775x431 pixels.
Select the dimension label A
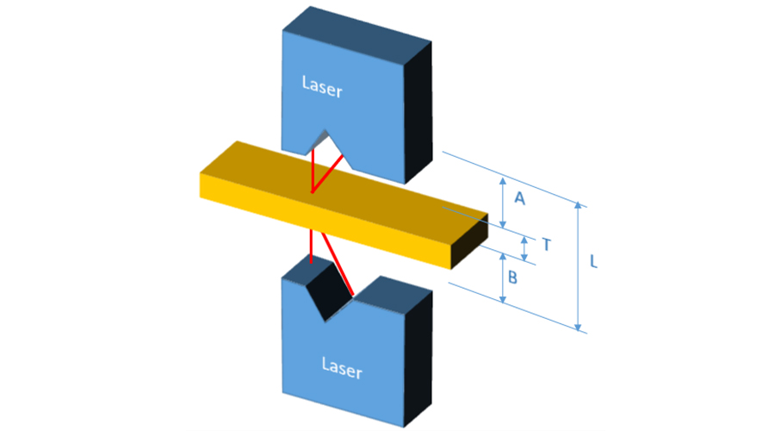point(519,198)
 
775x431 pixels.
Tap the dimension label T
point(545,245)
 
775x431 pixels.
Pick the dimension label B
point(512,278)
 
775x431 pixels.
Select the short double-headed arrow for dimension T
point(524,248)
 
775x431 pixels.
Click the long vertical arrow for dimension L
point(580,267)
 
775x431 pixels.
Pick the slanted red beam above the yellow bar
point(330,173)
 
